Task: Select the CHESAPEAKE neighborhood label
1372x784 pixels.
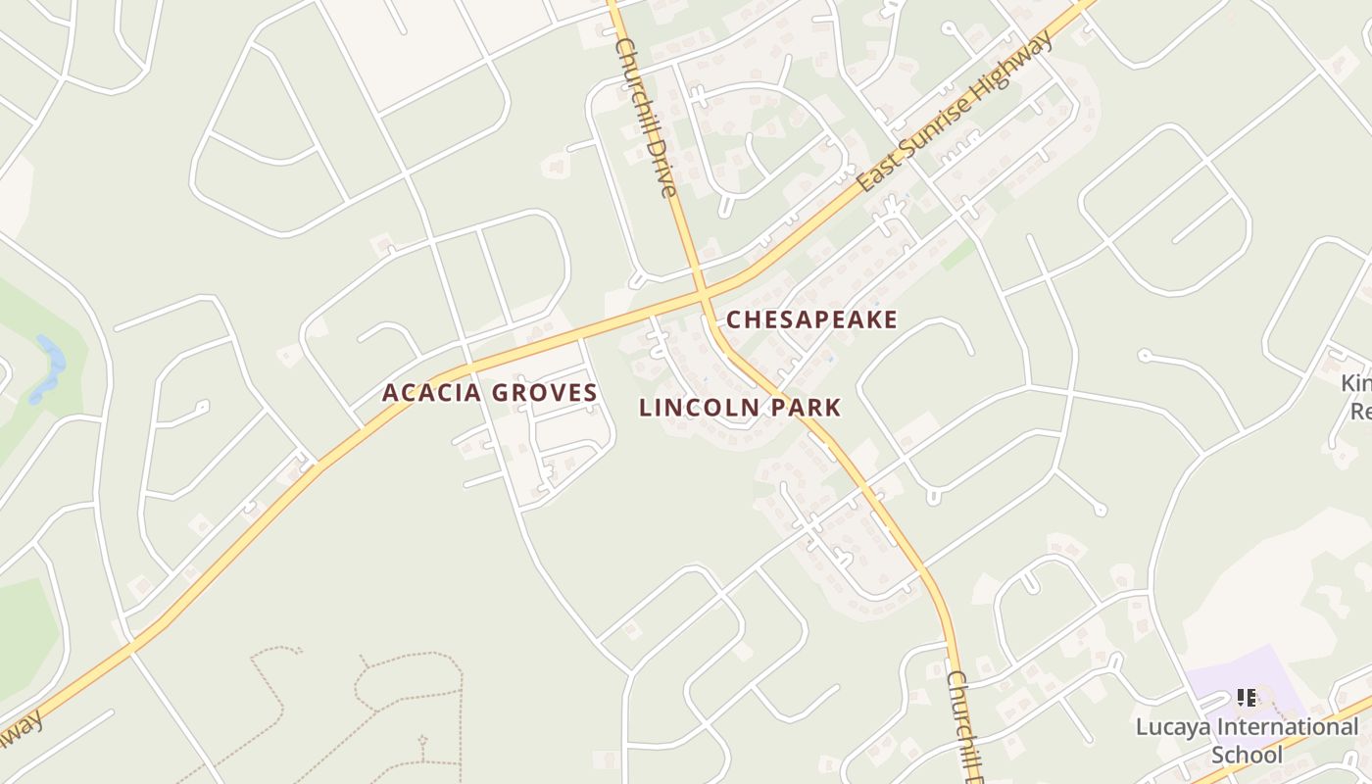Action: click(811, 320)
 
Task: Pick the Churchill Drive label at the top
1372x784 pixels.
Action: click(645, 117)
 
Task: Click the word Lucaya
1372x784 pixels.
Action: click(1172, 728)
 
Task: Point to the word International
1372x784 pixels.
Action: click(1287, 728)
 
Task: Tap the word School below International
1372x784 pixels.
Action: click(1247, 755)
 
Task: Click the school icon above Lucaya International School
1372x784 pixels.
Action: click(1247, 698)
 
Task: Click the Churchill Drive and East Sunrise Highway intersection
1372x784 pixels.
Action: click(703, 293)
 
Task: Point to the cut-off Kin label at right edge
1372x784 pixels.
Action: click(1356, 382)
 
